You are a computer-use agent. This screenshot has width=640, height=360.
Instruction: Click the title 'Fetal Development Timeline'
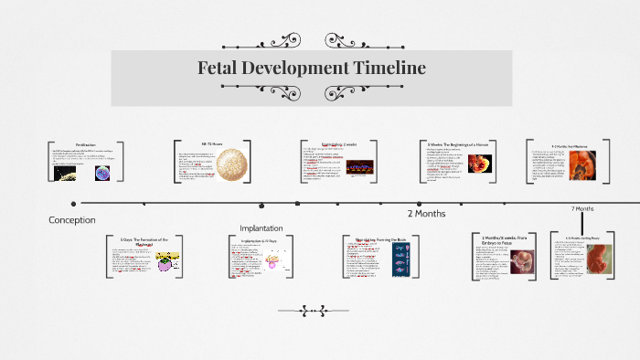[312, 69]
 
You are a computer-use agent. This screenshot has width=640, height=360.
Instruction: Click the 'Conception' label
[71, 220]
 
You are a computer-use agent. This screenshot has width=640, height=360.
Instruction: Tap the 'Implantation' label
[261, 228]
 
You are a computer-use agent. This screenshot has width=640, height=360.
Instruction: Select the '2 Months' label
[426, 214]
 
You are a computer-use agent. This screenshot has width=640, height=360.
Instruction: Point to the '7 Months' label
[582, 209]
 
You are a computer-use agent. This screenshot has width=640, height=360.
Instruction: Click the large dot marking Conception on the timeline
[84, 203]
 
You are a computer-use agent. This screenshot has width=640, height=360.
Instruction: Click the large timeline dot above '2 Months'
[419, 204]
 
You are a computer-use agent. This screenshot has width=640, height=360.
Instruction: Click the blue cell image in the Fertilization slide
[102, 173]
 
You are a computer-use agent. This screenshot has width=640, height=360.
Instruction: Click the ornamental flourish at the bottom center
[312, 312]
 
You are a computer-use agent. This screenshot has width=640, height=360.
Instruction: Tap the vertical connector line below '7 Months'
[582, 224]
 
